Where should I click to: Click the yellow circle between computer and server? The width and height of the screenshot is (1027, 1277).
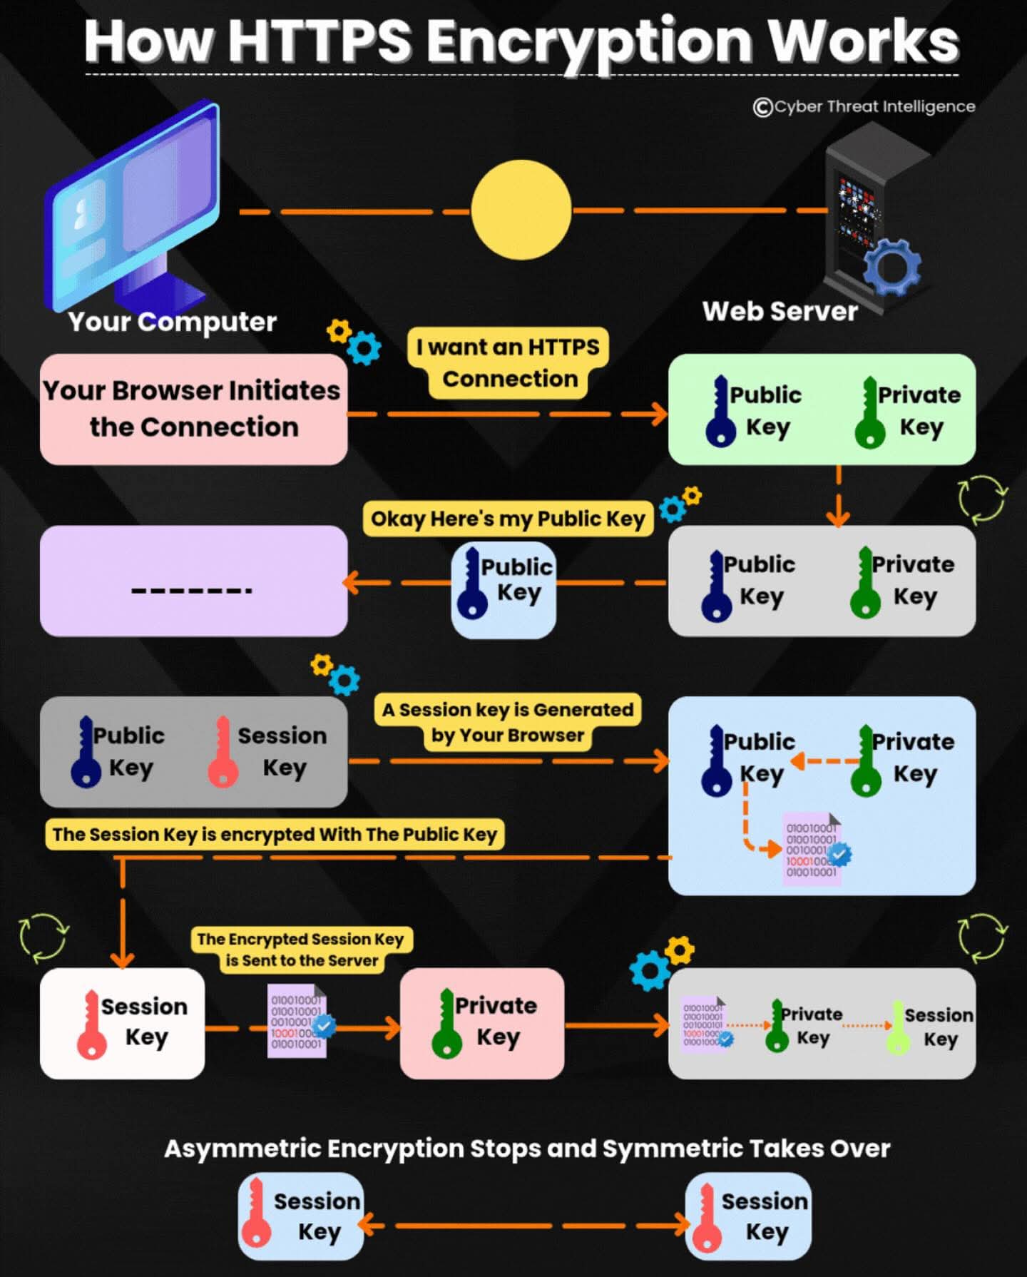click(x=521, y=209)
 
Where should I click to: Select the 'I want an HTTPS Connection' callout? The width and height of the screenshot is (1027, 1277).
click(x=509, y=362)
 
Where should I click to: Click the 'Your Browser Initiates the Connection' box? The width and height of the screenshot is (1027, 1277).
click(x=193, y=409)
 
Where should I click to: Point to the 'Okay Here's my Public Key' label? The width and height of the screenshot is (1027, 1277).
click(x=508, y=519)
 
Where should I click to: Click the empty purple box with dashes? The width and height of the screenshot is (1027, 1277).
click(x=193, y=581)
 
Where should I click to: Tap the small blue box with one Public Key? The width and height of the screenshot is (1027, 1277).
click(x=504, y=590)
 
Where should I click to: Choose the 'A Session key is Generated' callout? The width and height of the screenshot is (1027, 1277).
click(x=507, y=722)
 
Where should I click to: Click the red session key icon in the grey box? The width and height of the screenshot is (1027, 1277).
click(x=223, y=753)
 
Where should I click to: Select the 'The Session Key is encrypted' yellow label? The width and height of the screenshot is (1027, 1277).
click(x=275, y=834)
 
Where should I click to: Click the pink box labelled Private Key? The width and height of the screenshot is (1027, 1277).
click(x=482, y=1022)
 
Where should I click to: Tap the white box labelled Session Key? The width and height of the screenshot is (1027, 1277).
click(x=122, y=1022)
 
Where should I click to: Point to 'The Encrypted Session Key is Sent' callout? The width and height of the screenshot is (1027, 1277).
click(x=301, y=950)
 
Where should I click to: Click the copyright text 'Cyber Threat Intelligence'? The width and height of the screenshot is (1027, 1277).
click(x=864, y=106)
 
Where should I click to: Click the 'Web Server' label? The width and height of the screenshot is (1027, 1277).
click(x=780, y=311)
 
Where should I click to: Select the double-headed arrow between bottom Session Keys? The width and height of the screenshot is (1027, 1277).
click(x=524, y=1226)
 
